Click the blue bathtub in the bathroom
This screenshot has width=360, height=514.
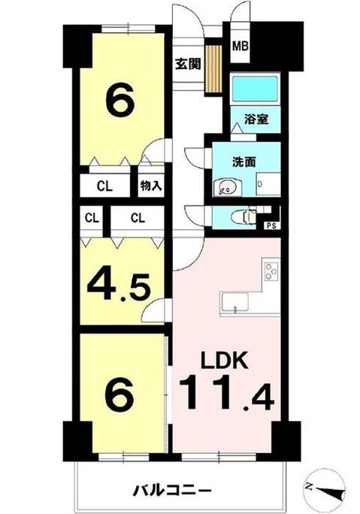[x=255, y=91]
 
